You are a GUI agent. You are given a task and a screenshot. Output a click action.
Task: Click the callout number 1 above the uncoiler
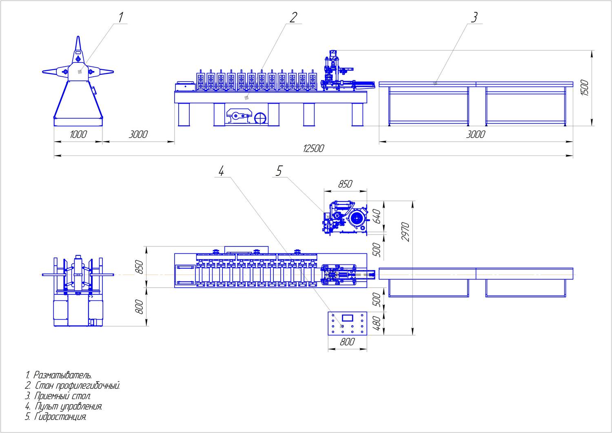[x=120, y=17]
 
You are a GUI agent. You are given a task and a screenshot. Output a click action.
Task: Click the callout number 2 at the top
[x=293, y=17]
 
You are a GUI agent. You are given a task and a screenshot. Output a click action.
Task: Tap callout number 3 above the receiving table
[x=474, y=17]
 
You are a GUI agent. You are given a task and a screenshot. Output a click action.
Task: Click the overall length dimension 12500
[x=313, y=149]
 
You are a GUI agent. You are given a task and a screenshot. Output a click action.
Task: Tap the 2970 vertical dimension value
[x=405, y=232]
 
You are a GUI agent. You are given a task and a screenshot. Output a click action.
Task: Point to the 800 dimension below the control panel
[x=347, y=342]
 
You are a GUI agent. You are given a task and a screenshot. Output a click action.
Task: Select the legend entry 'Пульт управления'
[x=64, y=406]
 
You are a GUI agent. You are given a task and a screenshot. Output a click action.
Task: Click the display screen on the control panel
[x=348, y=317]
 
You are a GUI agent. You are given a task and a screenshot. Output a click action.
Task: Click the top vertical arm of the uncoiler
[x=78, y=46]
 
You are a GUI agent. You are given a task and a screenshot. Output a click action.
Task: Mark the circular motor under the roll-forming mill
[x=260, y=118]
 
